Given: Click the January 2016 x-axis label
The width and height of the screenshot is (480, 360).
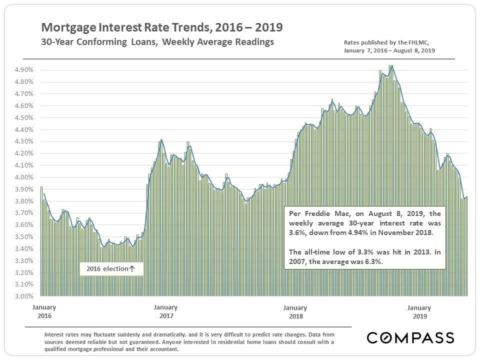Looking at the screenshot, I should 44,311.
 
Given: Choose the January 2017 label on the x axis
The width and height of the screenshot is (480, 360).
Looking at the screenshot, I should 166,311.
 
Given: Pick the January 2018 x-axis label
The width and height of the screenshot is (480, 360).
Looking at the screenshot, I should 295,311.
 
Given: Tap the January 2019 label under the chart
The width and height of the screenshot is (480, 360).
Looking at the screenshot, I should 419,312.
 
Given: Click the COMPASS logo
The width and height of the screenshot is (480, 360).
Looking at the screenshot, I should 410,338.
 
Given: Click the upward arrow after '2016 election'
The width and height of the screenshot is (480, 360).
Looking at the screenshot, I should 132,269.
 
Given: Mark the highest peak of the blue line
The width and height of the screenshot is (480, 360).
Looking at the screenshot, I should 392,65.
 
